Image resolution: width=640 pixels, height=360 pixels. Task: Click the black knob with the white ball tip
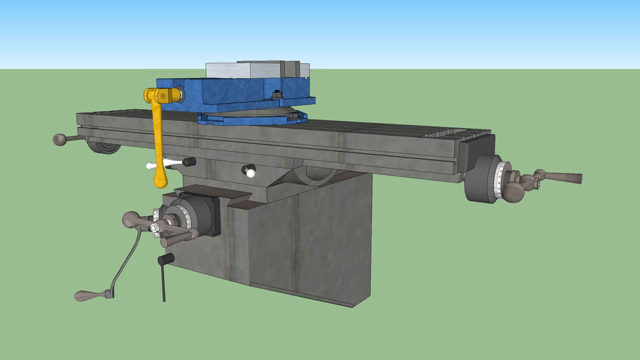click(x=248, y=170)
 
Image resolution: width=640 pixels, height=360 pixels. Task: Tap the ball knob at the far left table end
click(x=60, y=139)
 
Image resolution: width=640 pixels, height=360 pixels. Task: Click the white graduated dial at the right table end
click(x=501, y=181)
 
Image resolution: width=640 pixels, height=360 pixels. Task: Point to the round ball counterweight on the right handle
click(x=513, y=190)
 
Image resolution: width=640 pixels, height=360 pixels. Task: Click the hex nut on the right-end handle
click(x=535, y=183)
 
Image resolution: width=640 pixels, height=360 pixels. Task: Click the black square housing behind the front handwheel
click(x=206, y=214)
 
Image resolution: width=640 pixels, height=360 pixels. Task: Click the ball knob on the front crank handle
click(x=131, y=220)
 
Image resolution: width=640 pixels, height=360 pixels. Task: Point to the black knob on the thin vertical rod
click(x=166, y=259)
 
